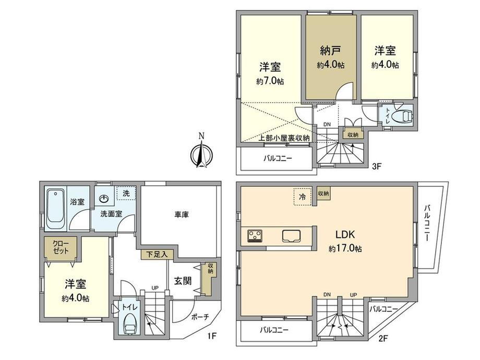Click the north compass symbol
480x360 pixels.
click(201, 152)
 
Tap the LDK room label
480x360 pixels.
click(345, 234)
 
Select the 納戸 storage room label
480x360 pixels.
click(331, 51)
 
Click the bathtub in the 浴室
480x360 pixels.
click(56, 210)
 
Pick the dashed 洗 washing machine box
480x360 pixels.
click(126, 193)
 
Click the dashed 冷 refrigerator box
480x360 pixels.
click(303, 197)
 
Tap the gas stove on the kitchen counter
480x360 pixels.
click(255, 236)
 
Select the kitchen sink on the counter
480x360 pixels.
click(291, 236)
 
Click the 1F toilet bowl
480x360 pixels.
click(130, 325)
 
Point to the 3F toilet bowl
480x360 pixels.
click(403, 116)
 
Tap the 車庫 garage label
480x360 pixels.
click(182, 215)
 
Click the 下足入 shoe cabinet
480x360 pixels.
click(157, 255)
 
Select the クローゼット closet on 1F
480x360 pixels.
click(61, 247)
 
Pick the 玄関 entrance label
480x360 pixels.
click(183, 281)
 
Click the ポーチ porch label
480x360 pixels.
click(200, 317)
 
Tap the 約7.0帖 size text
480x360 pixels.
click(270, 81)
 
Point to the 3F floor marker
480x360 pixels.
click(376, 166)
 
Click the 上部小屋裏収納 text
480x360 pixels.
click(284, 138)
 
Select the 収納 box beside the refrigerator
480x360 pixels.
click(323, 194)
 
